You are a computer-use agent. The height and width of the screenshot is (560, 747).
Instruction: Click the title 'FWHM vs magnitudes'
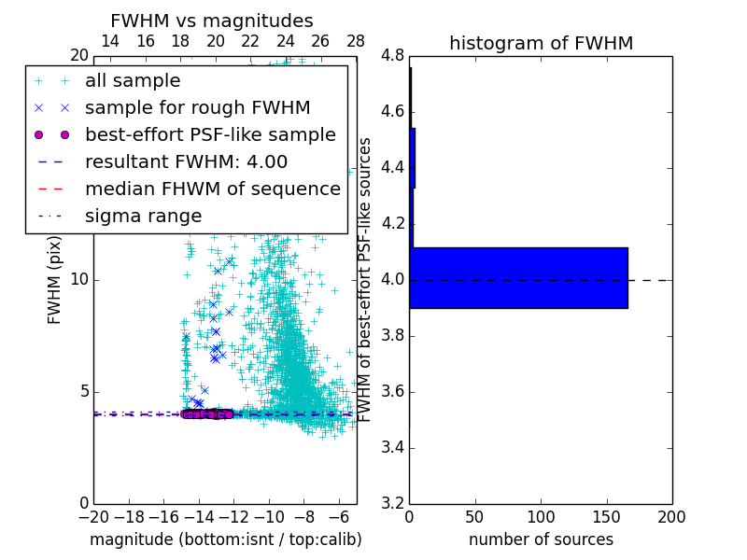[212, 21]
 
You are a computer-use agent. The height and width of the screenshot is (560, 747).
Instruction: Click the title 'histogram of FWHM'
[541, 43]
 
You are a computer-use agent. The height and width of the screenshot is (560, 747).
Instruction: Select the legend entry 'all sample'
[133, 81]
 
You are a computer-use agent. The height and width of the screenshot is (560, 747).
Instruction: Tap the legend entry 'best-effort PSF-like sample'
[210, 135]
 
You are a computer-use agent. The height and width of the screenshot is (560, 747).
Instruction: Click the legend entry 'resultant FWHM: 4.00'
[186, 162]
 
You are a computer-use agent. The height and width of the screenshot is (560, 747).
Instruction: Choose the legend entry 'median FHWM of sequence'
[212, 189]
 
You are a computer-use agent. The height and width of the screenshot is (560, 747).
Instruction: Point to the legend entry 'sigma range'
[143, 217]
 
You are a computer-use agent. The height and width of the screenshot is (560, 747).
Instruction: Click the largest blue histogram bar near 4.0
[518, 277]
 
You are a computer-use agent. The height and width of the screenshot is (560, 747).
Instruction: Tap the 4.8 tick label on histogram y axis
[393, 56]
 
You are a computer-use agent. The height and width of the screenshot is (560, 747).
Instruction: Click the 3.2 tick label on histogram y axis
[393, 503]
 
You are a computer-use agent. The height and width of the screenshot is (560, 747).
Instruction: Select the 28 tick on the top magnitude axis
[356, 42]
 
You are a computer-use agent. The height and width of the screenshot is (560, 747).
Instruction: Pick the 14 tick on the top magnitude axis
[109, 42]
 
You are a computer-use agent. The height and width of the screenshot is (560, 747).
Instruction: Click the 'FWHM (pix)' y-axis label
[55, 279]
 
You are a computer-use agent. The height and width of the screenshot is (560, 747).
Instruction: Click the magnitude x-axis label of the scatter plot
[225, 539]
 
